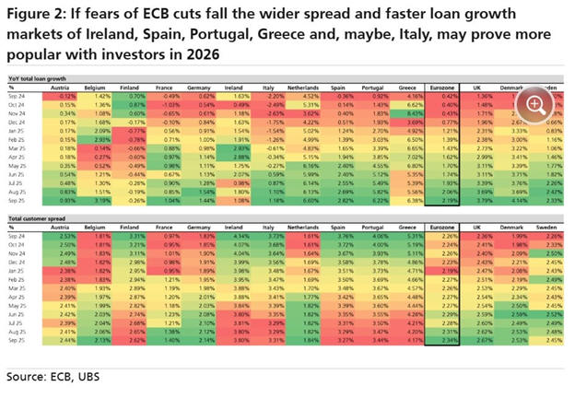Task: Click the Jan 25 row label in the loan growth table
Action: click(18, 132)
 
